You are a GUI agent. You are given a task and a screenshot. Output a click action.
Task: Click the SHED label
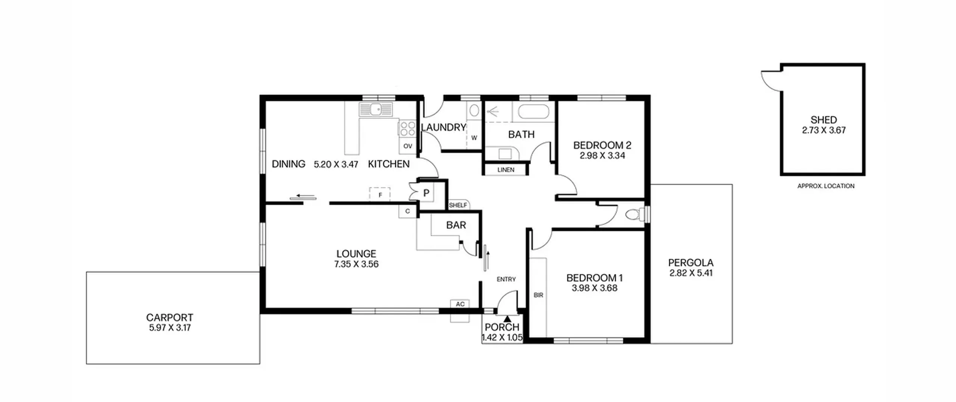click(823, 120)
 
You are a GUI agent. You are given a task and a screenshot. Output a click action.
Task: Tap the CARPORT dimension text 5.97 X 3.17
click(170, 328)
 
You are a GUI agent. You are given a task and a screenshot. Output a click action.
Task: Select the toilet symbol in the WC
click(634, 215)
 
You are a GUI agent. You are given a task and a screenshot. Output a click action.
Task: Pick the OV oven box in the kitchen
click(407, 146)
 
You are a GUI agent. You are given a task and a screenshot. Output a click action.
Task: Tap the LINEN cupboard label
click(506, 170)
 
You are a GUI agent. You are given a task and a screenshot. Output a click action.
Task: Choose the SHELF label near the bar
click(458, 205)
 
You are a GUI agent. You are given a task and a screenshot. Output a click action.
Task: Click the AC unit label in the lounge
click(460, 304)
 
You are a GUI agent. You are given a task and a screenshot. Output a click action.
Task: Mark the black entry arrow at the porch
click(507, 319)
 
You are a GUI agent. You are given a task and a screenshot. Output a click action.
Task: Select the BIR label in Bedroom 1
click(538, 295)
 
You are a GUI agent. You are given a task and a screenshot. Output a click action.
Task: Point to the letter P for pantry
click(426, 193)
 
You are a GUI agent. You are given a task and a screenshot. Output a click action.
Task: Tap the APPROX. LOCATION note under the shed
click(826, 186)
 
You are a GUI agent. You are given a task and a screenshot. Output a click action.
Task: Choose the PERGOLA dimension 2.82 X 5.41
click(691, 273)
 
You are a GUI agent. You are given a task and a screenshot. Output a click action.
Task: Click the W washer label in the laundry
click(474, 138)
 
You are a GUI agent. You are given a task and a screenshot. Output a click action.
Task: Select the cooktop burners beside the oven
click(407, 128)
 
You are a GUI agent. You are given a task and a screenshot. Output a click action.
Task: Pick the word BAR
click(456, 225)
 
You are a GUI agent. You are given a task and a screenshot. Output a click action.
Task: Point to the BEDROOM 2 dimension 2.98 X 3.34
click(602, 156)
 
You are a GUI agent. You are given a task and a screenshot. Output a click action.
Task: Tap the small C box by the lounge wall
click(407, 211)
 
